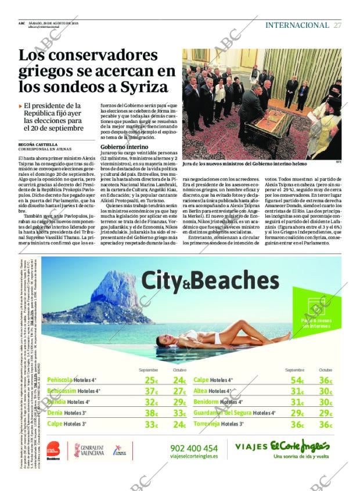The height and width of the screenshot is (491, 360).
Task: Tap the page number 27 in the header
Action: pos(337,25)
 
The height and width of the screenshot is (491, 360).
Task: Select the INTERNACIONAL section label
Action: pos(297,25)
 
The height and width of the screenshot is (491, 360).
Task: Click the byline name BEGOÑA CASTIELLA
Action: pos(38,145)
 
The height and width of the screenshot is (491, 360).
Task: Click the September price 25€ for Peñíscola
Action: pos(151,380)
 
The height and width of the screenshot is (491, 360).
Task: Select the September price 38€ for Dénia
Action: pos(151,413)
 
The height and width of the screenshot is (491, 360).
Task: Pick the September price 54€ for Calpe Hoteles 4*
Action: pos(297,380)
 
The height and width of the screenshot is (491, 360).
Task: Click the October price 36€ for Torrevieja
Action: pos(326,424)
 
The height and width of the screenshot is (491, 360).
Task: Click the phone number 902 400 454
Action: pos(194,447)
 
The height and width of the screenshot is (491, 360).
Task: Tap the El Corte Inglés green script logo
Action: pos(300,446)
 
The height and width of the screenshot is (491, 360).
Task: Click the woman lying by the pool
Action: pos(221,338)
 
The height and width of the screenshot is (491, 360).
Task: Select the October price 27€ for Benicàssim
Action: pos(180,391)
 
